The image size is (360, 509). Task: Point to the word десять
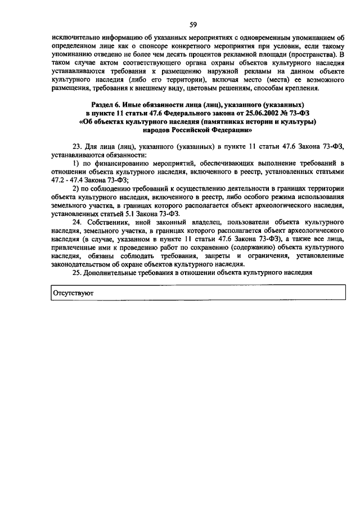[206, 54]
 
